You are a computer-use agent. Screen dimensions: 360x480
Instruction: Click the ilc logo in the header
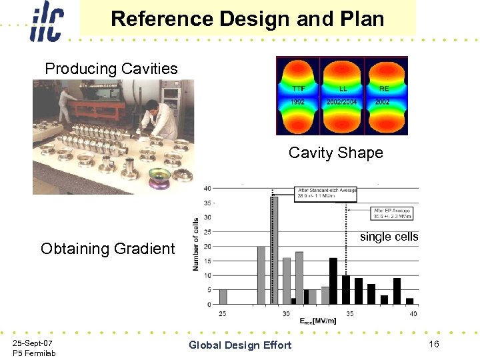[45, 21]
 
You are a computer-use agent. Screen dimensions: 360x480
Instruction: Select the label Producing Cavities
[111, 69]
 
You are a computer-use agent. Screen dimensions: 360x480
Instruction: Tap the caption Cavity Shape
[335, 153]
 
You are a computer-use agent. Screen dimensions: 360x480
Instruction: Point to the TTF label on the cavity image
[299, 88]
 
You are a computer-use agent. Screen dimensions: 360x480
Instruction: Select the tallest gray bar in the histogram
[273, 250]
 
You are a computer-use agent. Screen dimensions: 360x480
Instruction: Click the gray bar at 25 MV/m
[223, 297]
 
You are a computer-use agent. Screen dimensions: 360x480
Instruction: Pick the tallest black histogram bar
[333, 281]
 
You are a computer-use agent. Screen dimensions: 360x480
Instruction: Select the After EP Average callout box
[391, 213]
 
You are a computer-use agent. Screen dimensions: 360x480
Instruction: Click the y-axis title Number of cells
[196, 243]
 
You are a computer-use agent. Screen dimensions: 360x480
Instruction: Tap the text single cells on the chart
[389, 237]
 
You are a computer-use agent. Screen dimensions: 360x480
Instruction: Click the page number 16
[433, 344]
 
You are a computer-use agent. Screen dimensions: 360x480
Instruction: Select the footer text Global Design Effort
[240, 345]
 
